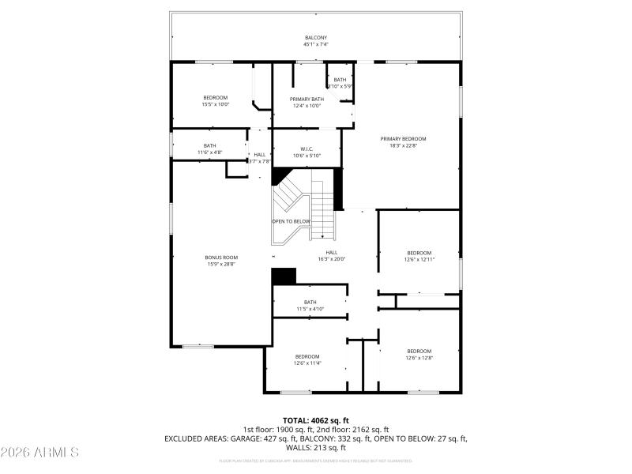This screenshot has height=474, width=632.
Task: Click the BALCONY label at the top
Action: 315,38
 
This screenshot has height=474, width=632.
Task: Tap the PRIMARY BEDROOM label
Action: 408,138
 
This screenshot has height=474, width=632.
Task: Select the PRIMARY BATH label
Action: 307,99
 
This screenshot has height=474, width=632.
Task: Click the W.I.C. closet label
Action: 307,149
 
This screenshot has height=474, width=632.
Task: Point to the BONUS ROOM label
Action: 221,257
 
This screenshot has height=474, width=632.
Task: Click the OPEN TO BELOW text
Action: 291,221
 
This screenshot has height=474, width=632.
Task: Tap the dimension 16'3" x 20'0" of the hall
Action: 332,259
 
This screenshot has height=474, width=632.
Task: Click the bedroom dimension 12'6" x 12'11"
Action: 419,259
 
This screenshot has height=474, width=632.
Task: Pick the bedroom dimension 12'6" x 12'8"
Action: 419,358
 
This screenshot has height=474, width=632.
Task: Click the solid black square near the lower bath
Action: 283,276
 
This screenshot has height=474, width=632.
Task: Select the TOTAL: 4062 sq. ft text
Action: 315,419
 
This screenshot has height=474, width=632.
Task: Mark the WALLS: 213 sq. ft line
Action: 315,447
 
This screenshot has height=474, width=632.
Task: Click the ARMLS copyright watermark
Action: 39,453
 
